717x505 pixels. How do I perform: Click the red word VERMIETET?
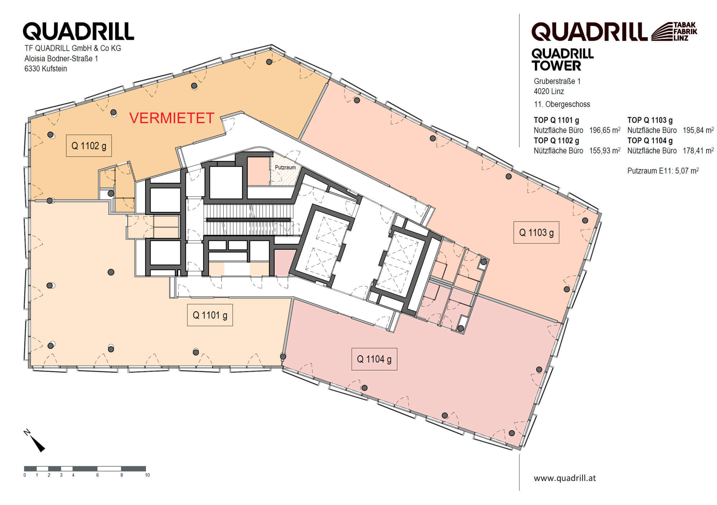tap(172, 118)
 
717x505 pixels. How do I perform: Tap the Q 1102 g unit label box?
tap(89, 146)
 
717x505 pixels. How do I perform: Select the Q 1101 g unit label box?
tap(210, 315)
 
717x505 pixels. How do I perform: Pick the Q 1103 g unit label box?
tap(536, 233)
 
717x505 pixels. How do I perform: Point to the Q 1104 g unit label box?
tap(374, 359)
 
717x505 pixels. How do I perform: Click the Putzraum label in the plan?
tap(285, 167)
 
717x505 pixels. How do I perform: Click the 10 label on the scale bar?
tap(147, 475)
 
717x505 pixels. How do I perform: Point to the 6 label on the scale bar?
tap(98, 475)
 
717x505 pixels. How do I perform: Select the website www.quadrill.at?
tap(565, 478)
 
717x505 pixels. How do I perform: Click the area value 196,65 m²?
tap(605, 130)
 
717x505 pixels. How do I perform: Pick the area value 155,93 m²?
tap(605, 151)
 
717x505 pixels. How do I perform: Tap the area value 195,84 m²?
tap(698, 130)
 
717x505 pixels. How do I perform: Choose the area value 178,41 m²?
tap(698, 151)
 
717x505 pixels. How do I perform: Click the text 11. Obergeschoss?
tap(562, 104)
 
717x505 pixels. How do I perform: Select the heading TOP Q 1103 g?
tap(650, 120)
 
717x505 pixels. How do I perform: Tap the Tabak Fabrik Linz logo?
tap(674, 31)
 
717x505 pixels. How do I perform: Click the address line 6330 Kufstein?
tap(46, 69)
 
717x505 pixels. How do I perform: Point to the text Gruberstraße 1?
tap(557, 81)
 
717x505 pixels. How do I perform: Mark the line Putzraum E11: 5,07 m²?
tap(663, 171)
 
